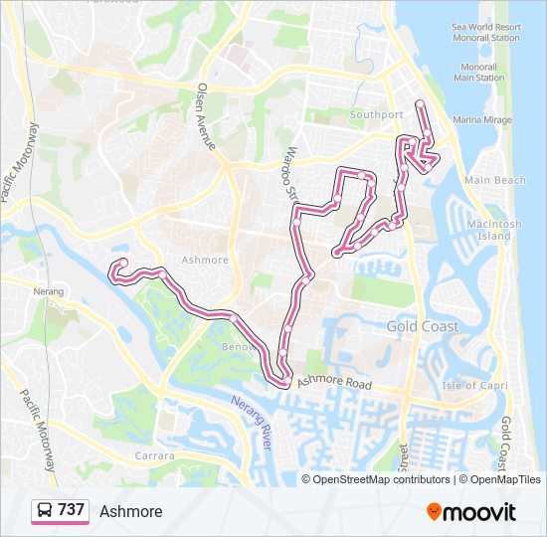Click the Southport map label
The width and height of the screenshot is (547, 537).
[x=377, y=115]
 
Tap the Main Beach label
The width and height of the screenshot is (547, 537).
[x=494, y=180]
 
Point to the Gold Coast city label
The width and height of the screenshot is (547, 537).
[x=423, y=326]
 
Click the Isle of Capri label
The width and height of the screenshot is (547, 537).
[x=472, y=385]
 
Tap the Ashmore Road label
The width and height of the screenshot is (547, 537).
[x=333, y=383]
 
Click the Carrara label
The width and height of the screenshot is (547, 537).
[x=154, y=455]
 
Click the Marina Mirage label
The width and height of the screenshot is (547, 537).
[x=481, y=119]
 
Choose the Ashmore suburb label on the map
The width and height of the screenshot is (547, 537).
[x=205, y=261]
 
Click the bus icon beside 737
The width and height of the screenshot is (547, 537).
[x=45, y=511]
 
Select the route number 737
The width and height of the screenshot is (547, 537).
[x=71, y=510]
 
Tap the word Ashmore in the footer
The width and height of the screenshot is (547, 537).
[x=130, y=511]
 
